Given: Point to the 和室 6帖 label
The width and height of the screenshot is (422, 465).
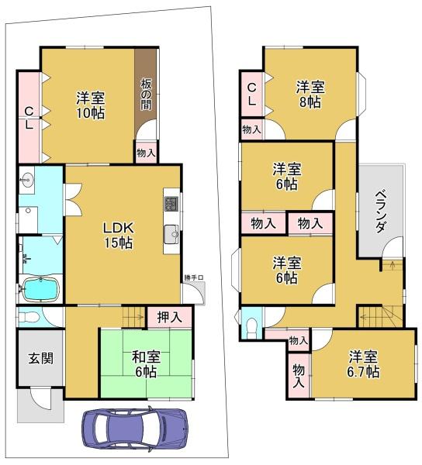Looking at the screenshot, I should pyautogui.click(x=145, y=363).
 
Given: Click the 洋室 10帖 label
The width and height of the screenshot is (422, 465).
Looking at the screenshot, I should pyautogui.click(x=90, y=105).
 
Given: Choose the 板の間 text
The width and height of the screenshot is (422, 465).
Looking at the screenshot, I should pyautogui.click(x=146, y=93).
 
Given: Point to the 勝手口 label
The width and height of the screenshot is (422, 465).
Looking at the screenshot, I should pyautogui.click(x=194, y=278).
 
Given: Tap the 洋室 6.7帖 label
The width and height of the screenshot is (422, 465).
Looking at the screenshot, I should pyautogui.click(x=363, y=363).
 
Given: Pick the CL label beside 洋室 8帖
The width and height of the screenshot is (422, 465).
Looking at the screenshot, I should pyautogui.click(x=252, y=94).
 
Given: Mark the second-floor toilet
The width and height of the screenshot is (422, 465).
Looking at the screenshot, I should pyautogui.click(x=250, y=326).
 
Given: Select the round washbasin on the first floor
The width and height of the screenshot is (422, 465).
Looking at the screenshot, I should pyautogui.click(x=28, y=177).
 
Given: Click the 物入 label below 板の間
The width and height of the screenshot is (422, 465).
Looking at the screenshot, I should pyautogui.click(x=146, y=153).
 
